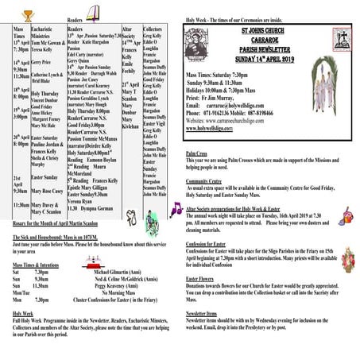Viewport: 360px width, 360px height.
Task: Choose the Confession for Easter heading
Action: (213, 245)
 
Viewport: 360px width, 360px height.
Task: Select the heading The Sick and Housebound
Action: (44, 237)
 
